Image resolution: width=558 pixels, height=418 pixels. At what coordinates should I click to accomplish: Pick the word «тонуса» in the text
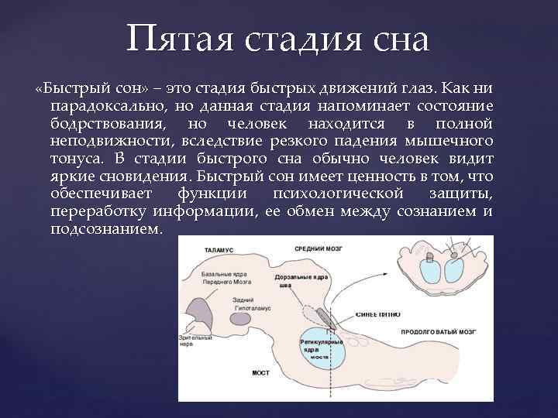[x=75, y=159]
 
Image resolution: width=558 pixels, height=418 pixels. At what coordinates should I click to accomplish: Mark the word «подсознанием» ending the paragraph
[x=105, y=231]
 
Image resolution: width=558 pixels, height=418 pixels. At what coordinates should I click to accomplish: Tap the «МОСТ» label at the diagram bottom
[x=260, y=372]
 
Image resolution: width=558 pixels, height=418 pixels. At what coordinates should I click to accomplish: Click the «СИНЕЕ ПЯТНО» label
[x=377, y=315]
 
